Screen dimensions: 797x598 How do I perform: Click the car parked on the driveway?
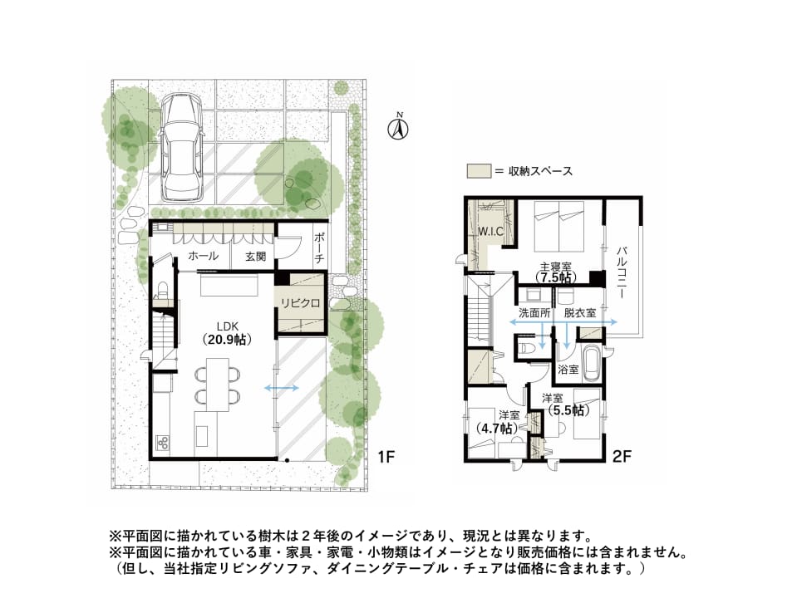tap(181, 147)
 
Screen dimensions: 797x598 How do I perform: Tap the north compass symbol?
tap(400, 128)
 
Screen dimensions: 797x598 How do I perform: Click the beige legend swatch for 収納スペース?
tap(479, 171)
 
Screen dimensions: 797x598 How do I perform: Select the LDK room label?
tap(227, 326)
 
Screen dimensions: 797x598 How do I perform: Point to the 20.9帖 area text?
tap(227, 340)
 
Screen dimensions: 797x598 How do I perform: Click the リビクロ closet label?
tap(300, 303)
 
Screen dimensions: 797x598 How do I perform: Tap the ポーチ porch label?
tap(319, 248)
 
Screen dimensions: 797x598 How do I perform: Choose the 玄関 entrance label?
tap(255, 257)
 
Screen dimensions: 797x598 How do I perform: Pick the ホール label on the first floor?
tap(203, 256)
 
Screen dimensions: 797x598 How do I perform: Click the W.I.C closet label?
tap(491, 232)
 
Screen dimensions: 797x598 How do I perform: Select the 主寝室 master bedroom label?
tap(555, 267)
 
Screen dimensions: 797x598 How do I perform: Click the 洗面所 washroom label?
tap(534, 313)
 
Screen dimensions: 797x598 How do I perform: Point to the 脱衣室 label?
tap(579, 313)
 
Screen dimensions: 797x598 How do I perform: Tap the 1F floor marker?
tap(386, 457)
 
